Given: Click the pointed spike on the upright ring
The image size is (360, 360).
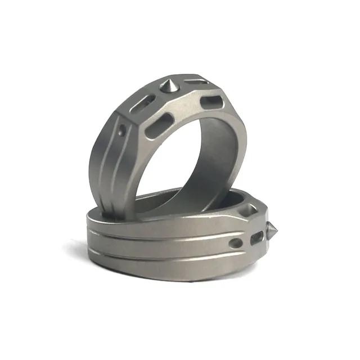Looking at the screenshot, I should point(168,85).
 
